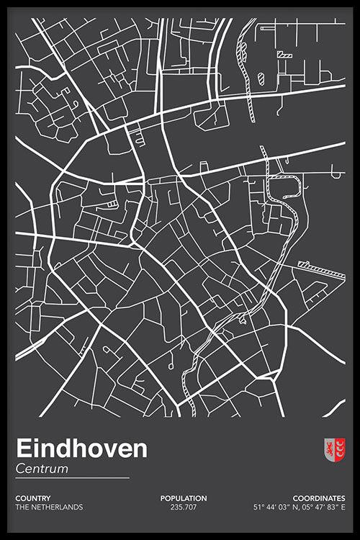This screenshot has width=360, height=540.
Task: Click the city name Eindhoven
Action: pyautogui.click(x=81, y=449)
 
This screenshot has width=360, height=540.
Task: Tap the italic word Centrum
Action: pyautogui.click(x=42, y=469)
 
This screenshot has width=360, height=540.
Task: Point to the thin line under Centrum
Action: pyautogui.click(x=72, y=477)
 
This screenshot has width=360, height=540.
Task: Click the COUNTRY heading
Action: pyautogui.click(x=32, y=498)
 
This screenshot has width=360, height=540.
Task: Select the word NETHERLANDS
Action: pyautogui.click(x=58, y=507)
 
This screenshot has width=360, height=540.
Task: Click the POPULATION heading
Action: pyautogui.click(x=184, y=498)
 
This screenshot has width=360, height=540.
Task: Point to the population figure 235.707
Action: pyautogui.click(x=184, y=507)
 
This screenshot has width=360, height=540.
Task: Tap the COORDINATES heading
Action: pyautogui.click(x=319, y=498)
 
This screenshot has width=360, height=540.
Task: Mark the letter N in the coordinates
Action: pyautogui.click(x=293, y=507)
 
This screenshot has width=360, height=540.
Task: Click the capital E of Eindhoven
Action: pyautogui.click(x=22, y=449)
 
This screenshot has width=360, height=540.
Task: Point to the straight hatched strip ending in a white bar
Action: pyautogui.click(x=321, y=270)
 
